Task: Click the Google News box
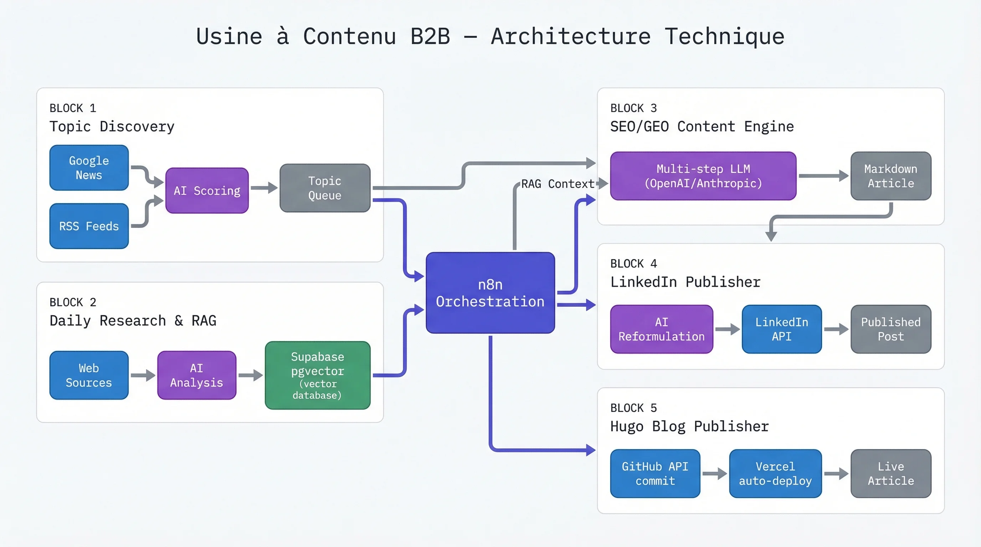tap(89, 168)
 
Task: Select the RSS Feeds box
tap(89, 226)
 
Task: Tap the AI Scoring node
tap(207, 190)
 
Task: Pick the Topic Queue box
tap(324, 188)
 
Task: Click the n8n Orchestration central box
tap(490, 293)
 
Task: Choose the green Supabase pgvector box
tap(317, 375)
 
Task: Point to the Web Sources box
tap(89, 375)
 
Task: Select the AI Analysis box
tap(196, 375)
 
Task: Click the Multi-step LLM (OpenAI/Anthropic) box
tap(703, 176)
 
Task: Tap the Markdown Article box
tap(891, 176)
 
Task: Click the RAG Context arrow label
tap(558, 184)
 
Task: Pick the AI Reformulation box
tap(662, 329)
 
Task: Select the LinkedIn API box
tap(781, 329)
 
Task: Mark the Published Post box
tap(891, 329)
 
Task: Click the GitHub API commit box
tap(655, 474)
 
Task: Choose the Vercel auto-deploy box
tap(775, 474)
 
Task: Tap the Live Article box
tap(891, 474)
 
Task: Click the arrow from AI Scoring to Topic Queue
tap(264, 188)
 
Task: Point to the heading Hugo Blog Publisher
tap(689, 426)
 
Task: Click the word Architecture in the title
tap(570, 37)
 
